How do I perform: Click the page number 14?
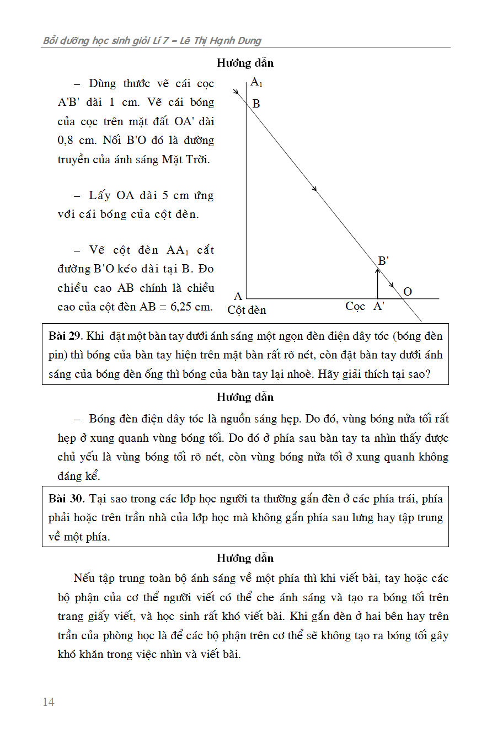[49, 702]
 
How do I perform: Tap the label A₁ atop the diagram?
[256, 83]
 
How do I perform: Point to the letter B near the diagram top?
[256, 103]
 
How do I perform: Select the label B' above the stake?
[383, 261]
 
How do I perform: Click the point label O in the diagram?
[408, 292]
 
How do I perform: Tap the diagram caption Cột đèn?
[247, 310]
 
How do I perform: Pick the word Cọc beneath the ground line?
[355, 306]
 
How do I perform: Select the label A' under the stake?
[379, 307]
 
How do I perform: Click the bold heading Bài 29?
[65, 336]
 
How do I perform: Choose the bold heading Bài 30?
[66, 499]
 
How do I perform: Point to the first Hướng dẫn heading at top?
[245, 63]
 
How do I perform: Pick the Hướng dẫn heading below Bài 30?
[245, 558]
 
